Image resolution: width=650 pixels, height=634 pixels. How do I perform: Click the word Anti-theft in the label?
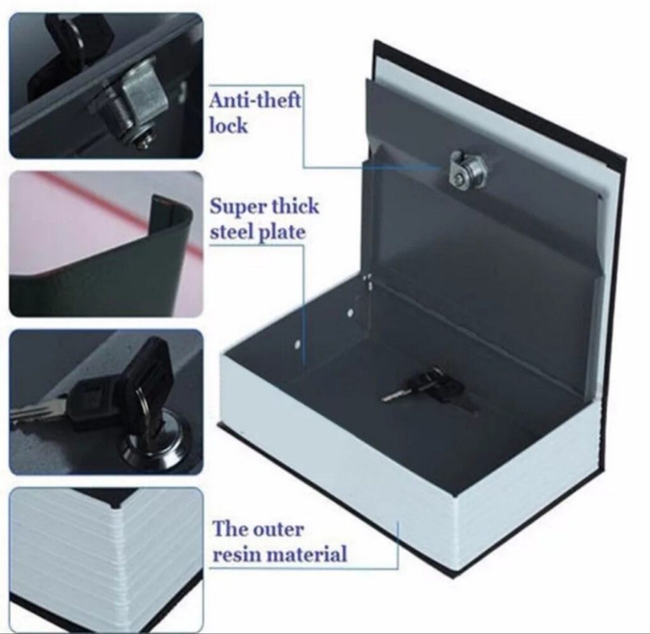tap(255, 101)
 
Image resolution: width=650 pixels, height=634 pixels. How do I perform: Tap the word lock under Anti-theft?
tap(229, 125)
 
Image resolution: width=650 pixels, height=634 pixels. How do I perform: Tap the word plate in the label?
tap(282, 234)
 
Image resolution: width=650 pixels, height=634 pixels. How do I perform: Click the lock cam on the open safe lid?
tap(468, 168)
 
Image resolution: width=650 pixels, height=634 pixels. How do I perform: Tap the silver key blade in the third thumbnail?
tap(37, 411)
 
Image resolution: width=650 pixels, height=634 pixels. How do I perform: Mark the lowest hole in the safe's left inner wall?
tap(297, 344)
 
